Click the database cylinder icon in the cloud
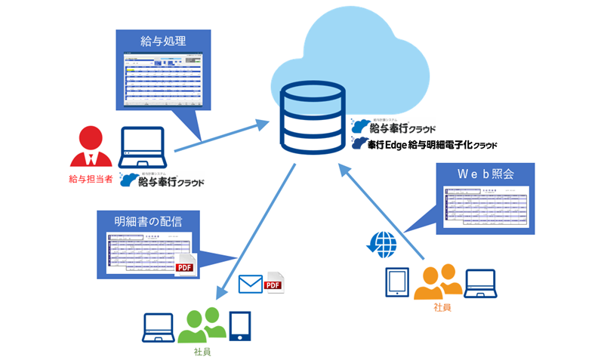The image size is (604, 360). [312, 121]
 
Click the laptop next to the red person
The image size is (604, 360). [143, 148]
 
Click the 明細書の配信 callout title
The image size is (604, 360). [148, 222]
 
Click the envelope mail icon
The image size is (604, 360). [250, 284]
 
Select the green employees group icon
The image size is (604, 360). [202, 325]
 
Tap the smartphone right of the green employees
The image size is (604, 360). [241, 325]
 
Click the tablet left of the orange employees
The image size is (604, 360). [398, 282]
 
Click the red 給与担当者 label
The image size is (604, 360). [90, 179]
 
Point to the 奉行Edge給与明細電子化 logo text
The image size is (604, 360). [429, 144]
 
